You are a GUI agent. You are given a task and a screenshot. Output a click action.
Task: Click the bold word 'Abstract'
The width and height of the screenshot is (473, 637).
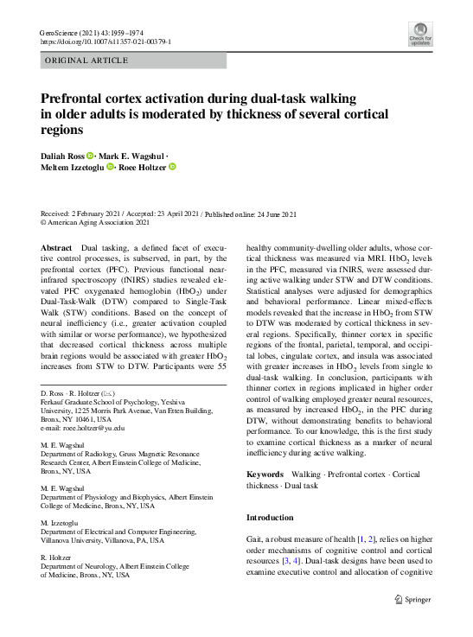click(57, 248)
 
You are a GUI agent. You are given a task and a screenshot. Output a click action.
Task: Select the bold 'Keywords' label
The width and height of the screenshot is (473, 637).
click(265, 475)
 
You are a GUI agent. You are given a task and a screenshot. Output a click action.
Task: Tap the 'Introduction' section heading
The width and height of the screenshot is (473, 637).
click(271, 517)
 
